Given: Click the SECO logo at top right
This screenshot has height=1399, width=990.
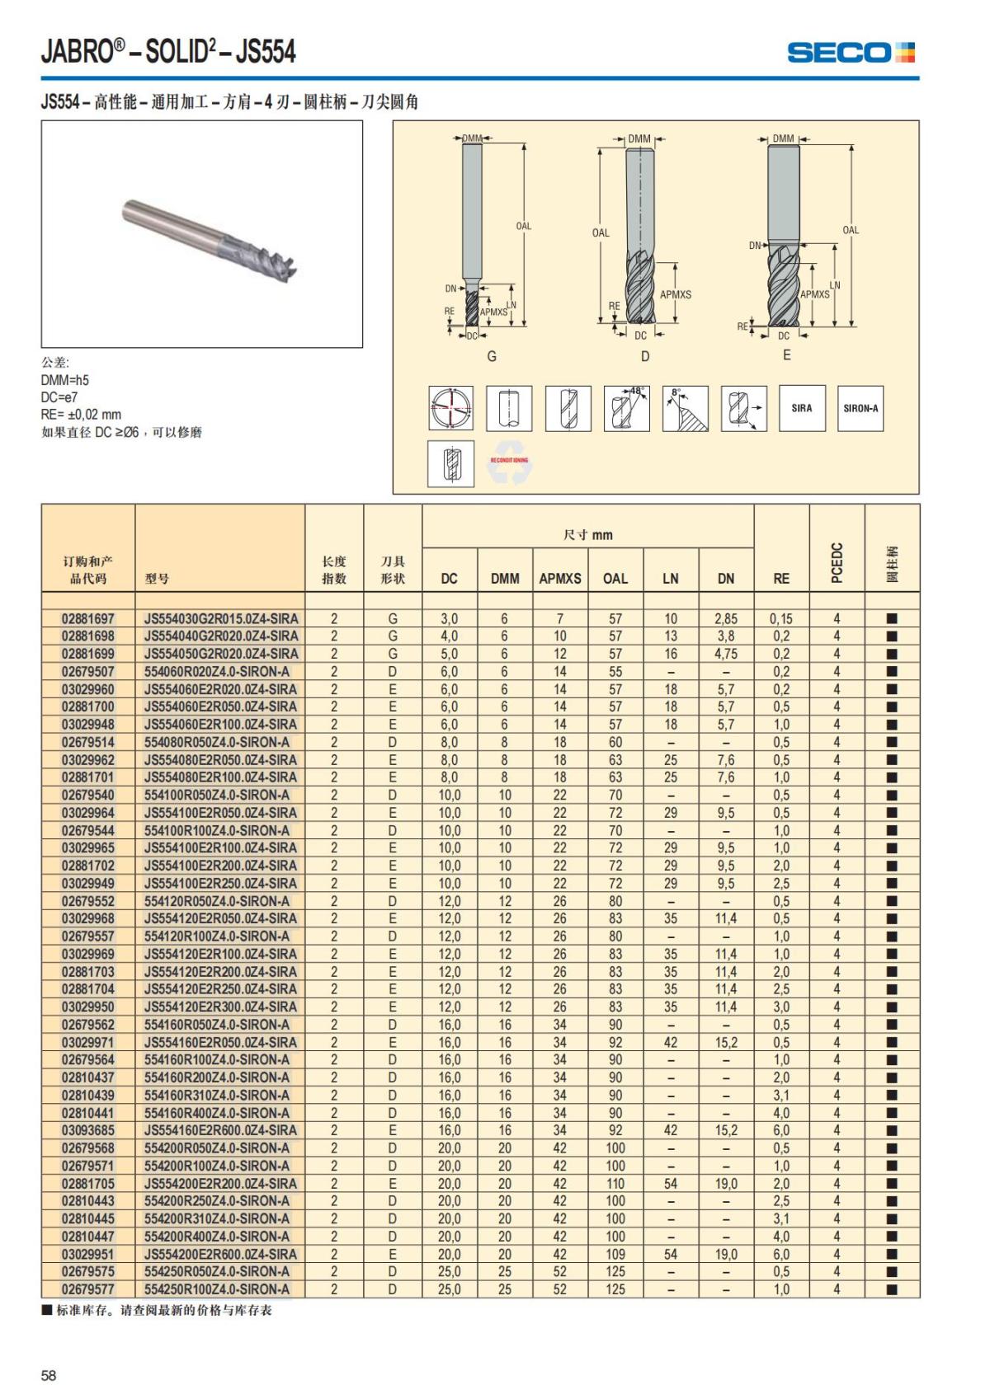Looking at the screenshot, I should (x=851, y=53).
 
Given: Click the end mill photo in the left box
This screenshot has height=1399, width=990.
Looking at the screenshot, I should (x=210, y=236).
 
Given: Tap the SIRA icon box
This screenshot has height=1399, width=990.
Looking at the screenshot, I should (x=802, y=408).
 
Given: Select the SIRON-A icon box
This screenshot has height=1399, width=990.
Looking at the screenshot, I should (x=860, y=408).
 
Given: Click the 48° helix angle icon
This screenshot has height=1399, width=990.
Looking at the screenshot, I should (x=626, y=408).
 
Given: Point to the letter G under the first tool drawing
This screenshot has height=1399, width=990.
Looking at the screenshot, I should (x=492, y=357).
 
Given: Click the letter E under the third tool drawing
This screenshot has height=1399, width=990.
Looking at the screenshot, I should (x=786, y=355).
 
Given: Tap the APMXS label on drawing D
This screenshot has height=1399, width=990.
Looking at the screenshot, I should (x=675, y=294).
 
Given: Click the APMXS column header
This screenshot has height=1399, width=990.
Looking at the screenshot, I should (x=560, y=579).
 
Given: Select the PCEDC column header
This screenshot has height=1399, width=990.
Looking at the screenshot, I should (x=837, y=562).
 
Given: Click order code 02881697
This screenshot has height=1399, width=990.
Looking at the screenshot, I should (x=88, y=618).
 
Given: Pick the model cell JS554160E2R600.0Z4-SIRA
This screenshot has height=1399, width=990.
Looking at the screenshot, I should (x=220, y=1130).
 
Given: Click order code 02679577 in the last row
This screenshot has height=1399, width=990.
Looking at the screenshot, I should (x=88, y=1289).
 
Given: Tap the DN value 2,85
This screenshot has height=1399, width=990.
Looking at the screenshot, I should (x=726, y=618).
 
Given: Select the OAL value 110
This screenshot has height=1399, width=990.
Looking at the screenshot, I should (x=615, y=1183).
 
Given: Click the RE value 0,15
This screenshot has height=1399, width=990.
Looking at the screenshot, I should (x=780, y=618).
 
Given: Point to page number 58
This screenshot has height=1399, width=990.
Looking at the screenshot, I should (x=49, y=1375).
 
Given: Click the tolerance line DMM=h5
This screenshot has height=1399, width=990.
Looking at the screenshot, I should (x=65, y=380).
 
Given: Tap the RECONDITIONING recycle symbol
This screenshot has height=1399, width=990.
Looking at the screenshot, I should (x=509, y=462).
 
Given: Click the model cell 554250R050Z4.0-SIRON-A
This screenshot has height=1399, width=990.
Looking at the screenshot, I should (x=217, y=1271).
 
